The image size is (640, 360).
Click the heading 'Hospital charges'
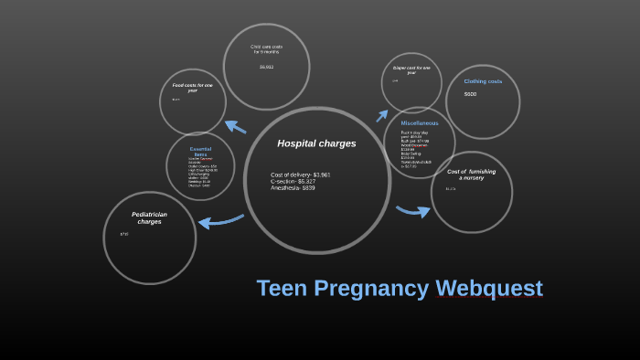316,143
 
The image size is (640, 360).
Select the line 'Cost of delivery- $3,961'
301,175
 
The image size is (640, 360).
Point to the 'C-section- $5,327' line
293,181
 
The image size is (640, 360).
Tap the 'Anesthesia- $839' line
293,187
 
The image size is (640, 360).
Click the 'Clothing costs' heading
483,81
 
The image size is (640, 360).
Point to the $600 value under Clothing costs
470,94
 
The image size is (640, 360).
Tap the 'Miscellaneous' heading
420,122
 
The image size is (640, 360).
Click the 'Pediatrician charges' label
149,217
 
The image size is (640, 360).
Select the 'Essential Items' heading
200,152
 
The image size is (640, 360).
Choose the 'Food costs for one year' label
192,88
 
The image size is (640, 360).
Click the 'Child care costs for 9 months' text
266,49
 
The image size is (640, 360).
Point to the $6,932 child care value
266,67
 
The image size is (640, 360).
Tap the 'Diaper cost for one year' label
411,69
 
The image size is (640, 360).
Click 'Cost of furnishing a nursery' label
472,174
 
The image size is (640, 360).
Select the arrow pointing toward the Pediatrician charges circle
220,220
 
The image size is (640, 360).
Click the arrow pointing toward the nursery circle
413,211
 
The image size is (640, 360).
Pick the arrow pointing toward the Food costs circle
235,126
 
